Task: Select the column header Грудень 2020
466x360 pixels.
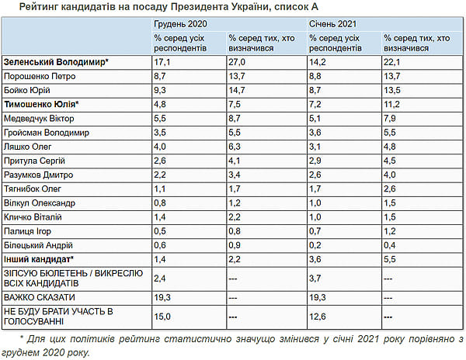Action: click(x=181, y=25)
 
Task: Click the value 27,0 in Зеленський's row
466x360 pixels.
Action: click(x=238, y=61)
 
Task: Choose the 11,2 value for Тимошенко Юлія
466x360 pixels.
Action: click(x=391, y=103)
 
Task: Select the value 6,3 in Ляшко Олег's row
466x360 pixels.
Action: click(x=236, y=146)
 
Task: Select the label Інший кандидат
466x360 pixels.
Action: click(x=38, y=258)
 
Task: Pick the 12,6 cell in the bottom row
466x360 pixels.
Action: click(x=318, y=315)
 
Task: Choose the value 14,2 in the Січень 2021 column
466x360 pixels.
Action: click(x=317, y=61)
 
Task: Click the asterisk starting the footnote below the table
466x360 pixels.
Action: click(x=22, y=340)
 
